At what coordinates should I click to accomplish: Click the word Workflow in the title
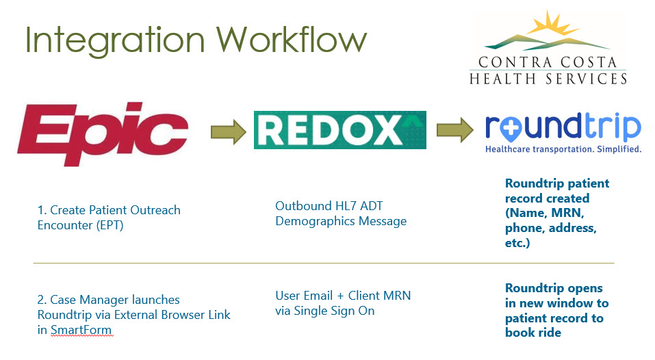[x=292, y=40]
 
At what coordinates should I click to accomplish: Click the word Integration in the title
[x=115, y=41]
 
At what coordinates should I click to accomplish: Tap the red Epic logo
[x=103, y=133]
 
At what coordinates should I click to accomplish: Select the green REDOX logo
[x=340, y=130]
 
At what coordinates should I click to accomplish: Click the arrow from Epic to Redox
[x=228, y=132]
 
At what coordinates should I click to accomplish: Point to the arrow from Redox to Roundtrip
[x=455, y=130]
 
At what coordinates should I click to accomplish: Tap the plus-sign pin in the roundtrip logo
[x=510, y=129]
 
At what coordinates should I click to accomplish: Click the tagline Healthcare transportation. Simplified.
[x=563, y=149]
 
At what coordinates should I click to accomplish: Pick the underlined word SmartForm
[x=81, y=330]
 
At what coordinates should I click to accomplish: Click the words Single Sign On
[x=334, y=311]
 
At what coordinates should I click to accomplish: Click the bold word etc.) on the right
[x=517, y=243]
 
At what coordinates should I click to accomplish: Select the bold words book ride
[x=533, y=333]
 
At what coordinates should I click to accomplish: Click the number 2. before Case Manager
[x=42, y=300]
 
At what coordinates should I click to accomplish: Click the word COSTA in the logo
[x=589, y=63]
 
